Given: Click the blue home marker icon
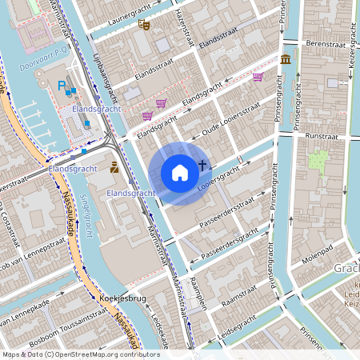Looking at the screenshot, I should (x=180, y=172).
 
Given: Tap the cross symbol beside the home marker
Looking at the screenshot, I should (x=202, y=166).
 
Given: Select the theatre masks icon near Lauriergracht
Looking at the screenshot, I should (x=145, y=25).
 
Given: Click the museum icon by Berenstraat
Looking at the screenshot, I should (x=286, y=58).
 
